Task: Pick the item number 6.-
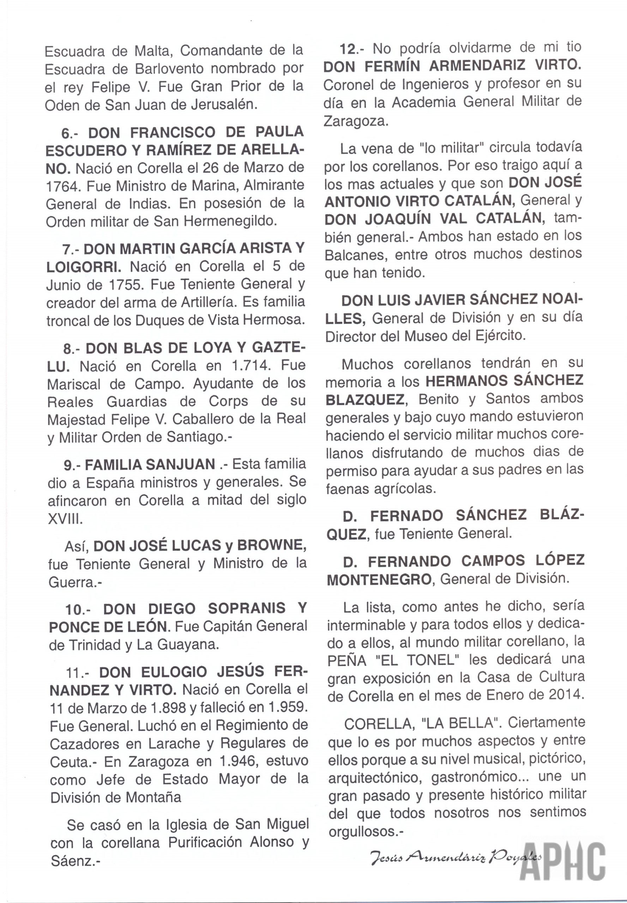pyautogui.click(x=70, y=133)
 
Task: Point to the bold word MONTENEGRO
pyautogui.click(x=379, y=580)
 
